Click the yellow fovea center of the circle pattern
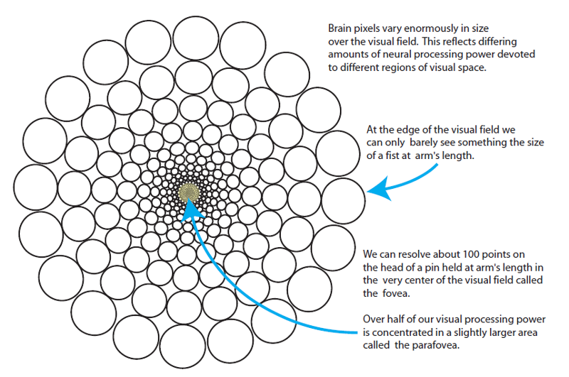[190, 191]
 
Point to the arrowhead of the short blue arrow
[374, 190]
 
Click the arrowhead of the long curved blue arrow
[189, 205]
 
